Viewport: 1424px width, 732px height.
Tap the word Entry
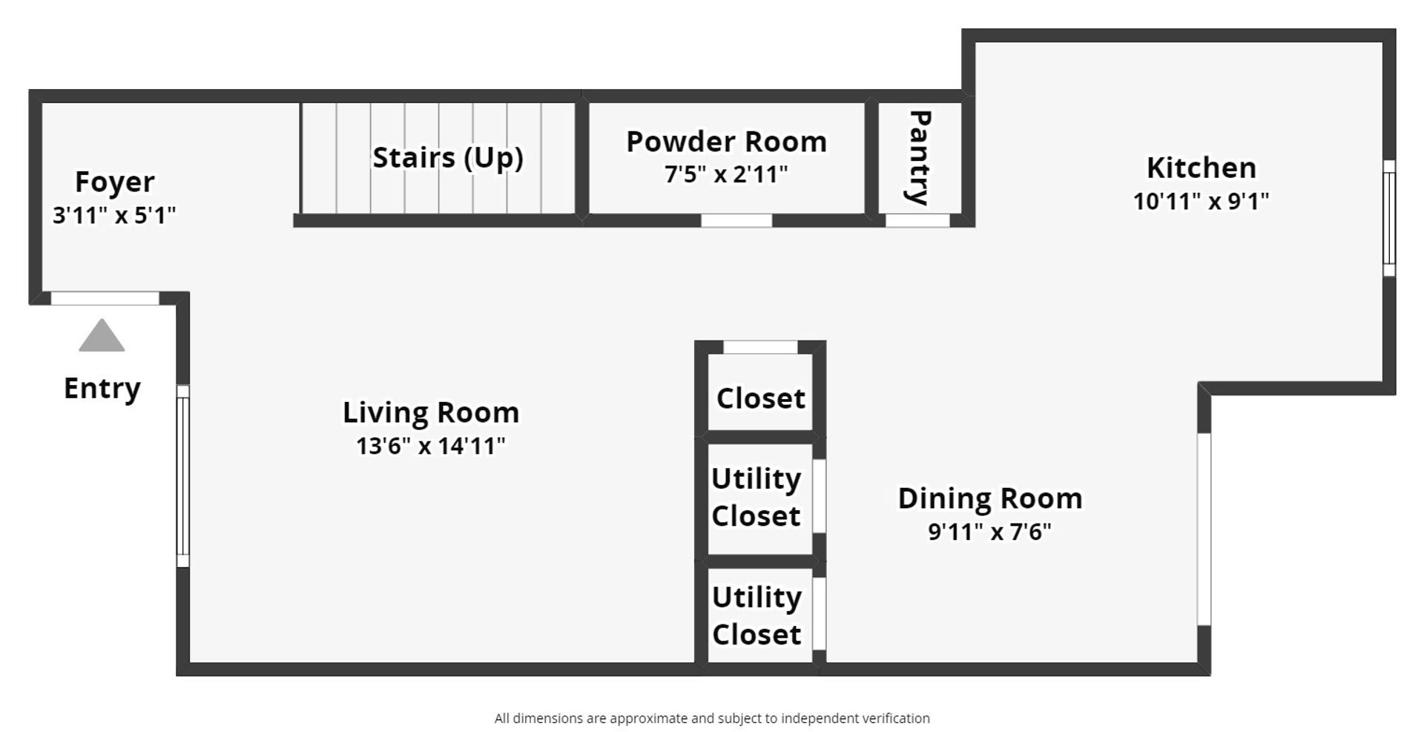(x=102, y=389)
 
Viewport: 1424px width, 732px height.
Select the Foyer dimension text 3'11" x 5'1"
(x=114, y=215)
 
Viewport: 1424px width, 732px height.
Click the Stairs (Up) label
(x=448, y=158)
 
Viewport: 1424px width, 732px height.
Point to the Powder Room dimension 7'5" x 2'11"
(x=726, y=174)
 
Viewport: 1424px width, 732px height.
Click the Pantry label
(x=920, y=157)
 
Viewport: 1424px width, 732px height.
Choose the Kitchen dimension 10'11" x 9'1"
(x=1201, y=201)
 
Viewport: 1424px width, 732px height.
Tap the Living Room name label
(x=431, y=412)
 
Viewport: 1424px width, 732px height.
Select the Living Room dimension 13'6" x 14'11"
(x=431, y=446)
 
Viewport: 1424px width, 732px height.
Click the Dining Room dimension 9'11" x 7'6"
(x=990, y=532)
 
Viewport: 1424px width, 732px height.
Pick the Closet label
(x=761, y=398)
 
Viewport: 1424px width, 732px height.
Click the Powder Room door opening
(x=736, y=220)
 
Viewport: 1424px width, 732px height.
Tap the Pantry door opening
(x=918, y=220)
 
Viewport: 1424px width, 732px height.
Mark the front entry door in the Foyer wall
(x=105, y=298)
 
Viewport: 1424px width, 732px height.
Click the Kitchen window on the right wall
(x=1389, y=218)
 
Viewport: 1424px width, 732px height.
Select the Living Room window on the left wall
(x=182, y=476)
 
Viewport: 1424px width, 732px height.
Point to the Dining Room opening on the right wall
(x=1204, y=530)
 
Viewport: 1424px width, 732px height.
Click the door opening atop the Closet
(x=760, y=347)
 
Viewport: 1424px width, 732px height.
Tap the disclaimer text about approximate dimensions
(x=712, y=718)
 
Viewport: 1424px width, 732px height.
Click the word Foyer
(x=115, y=182)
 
